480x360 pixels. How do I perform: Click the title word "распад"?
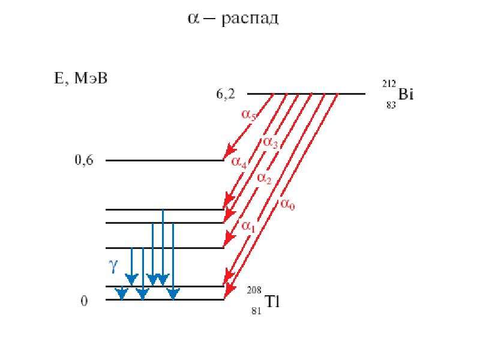click(x=250, y=19)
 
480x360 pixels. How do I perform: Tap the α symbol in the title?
click(x=193, y=19)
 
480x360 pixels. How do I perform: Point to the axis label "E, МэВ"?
click(x=80, y=79)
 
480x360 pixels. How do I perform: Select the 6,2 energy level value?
click(x=226, y=94)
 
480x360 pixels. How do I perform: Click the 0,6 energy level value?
click(x=84, y=160)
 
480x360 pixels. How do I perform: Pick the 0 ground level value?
click(x=84, y=301)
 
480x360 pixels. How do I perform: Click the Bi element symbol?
click(x=406, y=94)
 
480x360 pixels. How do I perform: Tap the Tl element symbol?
click(x=272, y=302)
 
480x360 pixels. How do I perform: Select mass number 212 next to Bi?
click(x=389, y=83)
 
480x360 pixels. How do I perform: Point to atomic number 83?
click(x=391, y=105)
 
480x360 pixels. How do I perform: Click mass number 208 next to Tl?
click(x=254, y=290)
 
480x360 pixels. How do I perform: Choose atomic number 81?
click(x=256, y=311)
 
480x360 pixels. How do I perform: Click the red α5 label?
click(x=248, y=115)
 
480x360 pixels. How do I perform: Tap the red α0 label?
click(x=287, y=204)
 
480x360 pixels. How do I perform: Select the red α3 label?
click(x=271, y=142)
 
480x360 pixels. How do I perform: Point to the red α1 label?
click(x=248, y=227)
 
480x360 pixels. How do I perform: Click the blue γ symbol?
click(x=113, y=266)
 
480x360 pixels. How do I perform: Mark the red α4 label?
click(x=239, y=162)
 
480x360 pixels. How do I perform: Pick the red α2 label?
click(x=264, y=178)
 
